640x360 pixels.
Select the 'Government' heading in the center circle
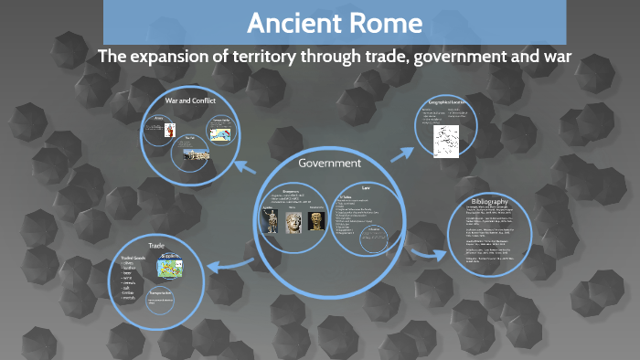point(330,164)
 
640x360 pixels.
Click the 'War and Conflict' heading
point(191,100)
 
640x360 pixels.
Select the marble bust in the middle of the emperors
point(293,222)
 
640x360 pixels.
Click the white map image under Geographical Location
point(446,138)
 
